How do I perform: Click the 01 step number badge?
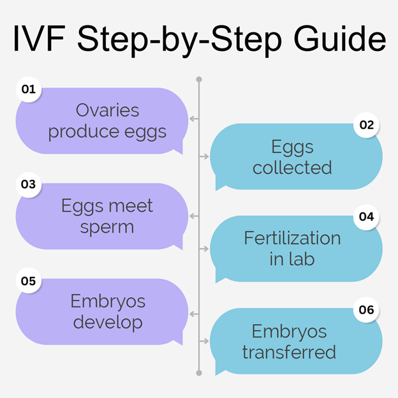29,89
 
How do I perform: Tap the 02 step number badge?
366,125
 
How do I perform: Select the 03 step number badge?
29,184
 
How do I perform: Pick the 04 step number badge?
366,217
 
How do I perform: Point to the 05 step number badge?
29,281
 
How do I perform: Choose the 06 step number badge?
366,310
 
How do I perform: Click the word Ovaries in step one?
107,110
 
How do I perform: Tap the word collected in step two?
292,168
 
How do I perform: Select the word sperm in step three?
107,228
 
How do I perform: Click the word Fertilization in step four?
292,238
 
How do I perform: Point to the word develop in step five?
108,322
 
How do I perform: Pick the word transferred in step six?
289,352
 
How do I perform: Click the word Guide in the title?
340,38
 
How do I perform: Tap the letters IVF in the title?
39,38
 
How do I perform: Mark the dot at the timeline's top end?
199,80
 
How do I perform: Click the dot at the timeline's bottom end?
199,373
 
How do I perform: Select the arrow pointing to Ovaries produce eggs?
194,119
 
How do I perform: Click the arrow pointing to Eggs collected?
204,156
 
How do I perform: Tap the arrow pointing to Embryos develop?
194,314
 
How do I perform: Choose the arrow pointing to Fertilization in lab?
204,249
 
